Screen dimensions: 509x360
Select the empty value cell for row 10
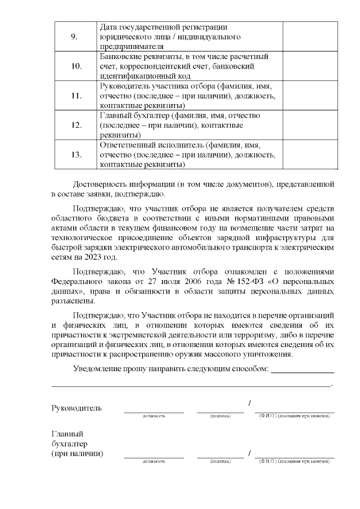[x=310, y=66]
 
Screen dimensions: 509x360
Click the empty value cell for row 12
[x=310, y=125]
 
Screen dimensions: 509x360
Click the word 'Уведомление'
[x=100, y=369]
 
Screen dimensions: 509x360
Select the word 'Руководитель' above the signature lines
[x=76, y=407]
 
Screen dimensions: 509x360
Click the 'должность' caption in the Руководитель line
[x=154, y=416]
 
